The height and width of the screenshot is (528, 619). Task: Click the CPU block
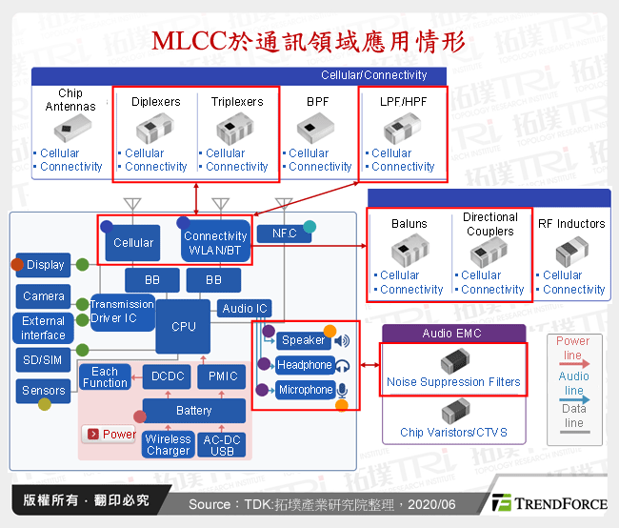click(x=183, y=326)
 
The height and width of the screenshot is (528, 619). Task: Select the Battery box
click(x=193, y=411)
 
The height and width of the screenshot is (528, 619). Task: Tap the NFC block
click(x=284, y=234)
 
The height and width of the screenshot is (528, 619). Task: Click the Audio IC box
click(x=245, y=308)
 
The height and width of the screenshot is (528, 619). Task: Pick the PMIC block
click(x=222, y=376)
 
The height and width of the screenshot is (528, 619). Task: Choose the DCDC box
click(x=168, y=376)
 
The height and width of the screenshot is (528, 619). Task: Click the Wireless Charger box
click(x=168, y=445)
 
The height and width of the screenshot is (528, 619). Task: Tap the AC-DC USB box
click(x=221, y=445)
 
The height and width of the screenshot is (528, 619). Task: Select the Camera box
click(x=44, y=296)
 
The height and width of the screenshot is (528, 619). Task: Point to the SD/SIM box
click(x=44, y=358)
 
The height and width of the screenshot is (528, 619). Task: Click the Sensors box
click(x=44, y=390)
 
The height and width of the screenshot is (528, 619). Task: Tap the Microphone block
click(x=305, y=390)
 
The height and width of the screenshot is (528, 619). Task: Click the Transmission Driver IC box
click(x=122, y=311)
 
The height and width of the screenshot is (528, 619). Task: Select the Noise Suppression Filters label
click(x=453, y=382)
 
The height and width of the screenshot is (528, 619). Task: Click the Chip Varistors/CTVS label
click(x=453, y=432)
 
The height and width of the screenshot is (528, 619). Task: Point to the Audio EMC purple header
click(x=453, y=334)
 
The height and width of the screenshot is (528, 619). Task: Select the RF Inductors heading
click(x=571, y=224)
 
